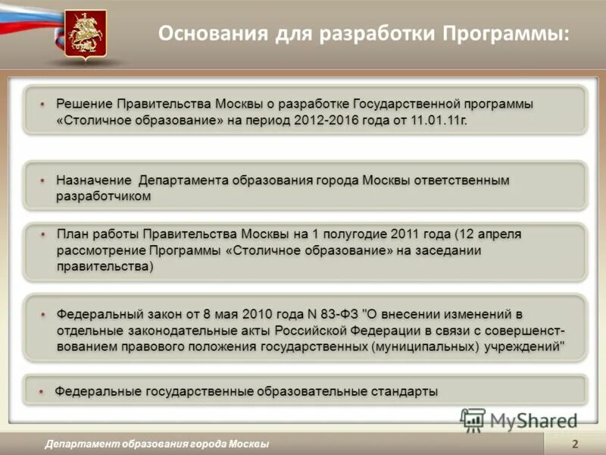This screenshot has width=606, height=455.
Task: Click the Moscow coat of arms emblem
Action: pyautogui.click(x=84, y=33)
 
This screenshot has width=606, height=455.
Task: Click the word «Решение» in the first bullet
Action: pyautogui.click(x=84, y=104)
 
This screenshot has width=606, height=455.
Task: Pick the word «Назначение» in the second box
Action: pyautogui.click(x=94, y=180)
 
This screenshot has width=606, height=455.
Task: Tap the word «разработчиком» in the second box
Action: pyautogui.click(x=104, y=196)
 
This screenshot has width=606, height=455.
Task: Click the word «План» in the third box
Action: pyautogui.click(x=73, y=234)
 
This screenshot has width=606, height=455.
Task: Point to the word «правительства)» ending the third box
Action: pyautogui.click(x=105, y=266)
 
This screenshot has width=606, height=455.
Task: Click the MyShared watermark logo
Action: pyautogui.click(x=521, y=419)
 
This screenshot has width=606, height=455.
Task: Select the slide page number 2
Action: pyautogui.click(x=575, y=444)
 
